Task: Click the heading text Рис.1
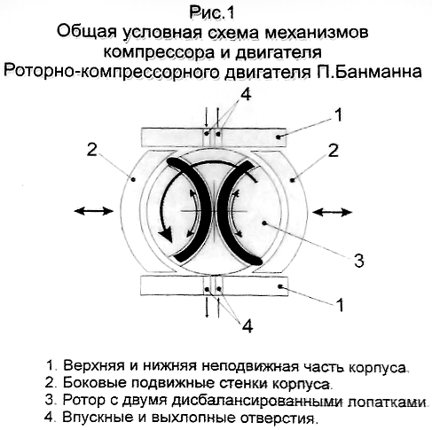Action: [x=211, y=13]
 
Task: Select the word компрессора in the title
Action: [x=159, y=53]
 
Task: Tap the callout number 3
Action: [x=358, y=260]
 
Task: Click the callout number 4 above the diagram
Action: [x=246, y=95]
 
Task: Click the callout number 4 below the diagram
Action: [x=247, y=325]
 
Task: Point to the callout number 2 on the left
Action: [x=91, y=150]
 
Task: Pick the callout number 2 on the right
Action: [x=333, y=150]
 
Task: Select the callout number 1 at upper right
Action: [x=339, y=114]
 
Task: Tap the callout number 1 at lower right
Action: [x=341, y=304]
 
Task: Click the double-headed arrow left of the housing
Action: [x=94, y=211]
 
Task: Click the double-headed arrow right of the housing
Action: [x=333, y=212]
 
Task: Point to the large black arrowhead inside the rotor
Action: [x=165, y=234]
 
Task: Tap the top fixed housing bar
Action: [x=214, y=137]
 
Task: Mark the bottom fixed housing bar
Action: [x=214, y=286]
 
